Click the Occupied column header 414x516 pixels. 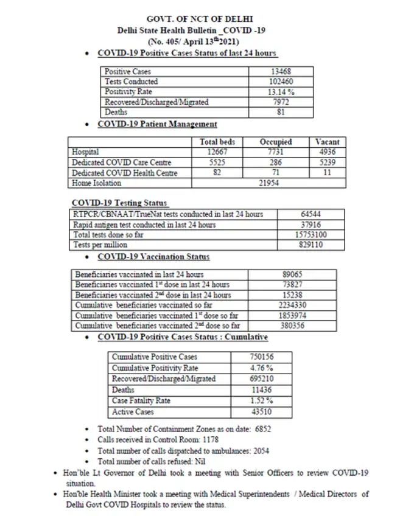click(x=276, y=142)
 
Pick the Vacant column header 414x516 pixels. click(x=329, y=142)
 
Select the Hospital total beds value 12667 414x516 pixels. click(x=217, y=152)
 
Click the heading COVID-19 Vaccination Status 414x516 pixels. click(x=153, y=257)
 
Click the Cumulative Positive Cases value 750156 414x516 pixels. click(x=261, y=357)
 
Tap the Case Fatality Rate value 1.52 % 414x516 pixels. click(x=261, y=401)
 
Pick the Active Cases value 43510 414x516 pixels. click(x=261, y=412)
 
